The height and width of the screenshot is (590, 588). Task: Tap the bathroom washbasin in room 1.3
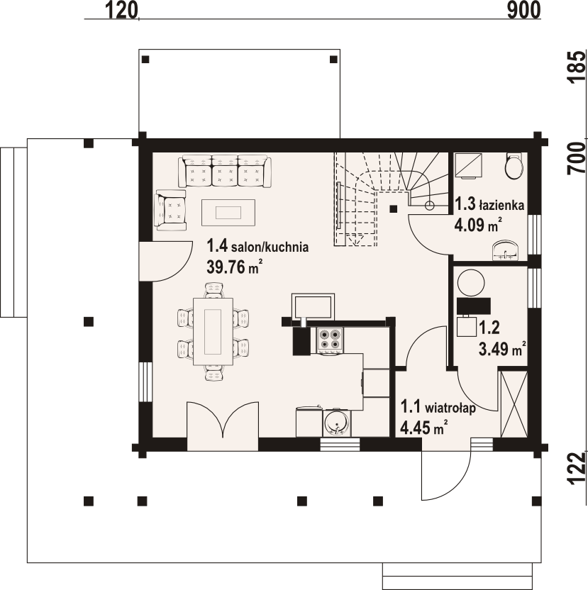point(506,250)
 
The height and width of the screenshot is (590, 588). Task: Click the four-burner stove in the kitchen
point(330,340)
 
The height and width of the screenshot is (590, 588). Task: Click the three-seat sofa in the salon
point(225,171)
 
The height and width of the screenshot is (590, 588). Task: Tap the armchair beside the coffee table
point(170,210)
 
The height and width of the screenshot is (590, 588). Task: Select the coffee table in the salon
point(228,213)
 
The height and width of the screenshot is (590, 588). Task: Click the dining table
point(213,331)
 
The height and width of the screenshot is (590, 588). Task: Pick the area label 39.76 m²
point(234,267)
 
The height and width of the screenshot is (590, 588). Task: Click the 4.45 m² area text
point(424,428)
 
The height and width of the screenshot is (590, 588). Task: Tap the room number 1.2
point(489,328)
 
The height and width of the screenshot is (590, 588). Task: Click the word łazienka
point(501,206)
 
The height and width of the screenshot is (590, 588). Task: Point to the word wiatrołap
point(450,408)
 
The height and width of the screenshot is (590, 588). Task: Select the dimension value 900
point(523,10)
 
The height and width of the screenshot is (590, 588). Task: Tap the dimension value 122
point(577,468)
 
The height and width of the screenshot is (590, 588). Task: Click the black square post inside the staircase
point(394,208)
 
